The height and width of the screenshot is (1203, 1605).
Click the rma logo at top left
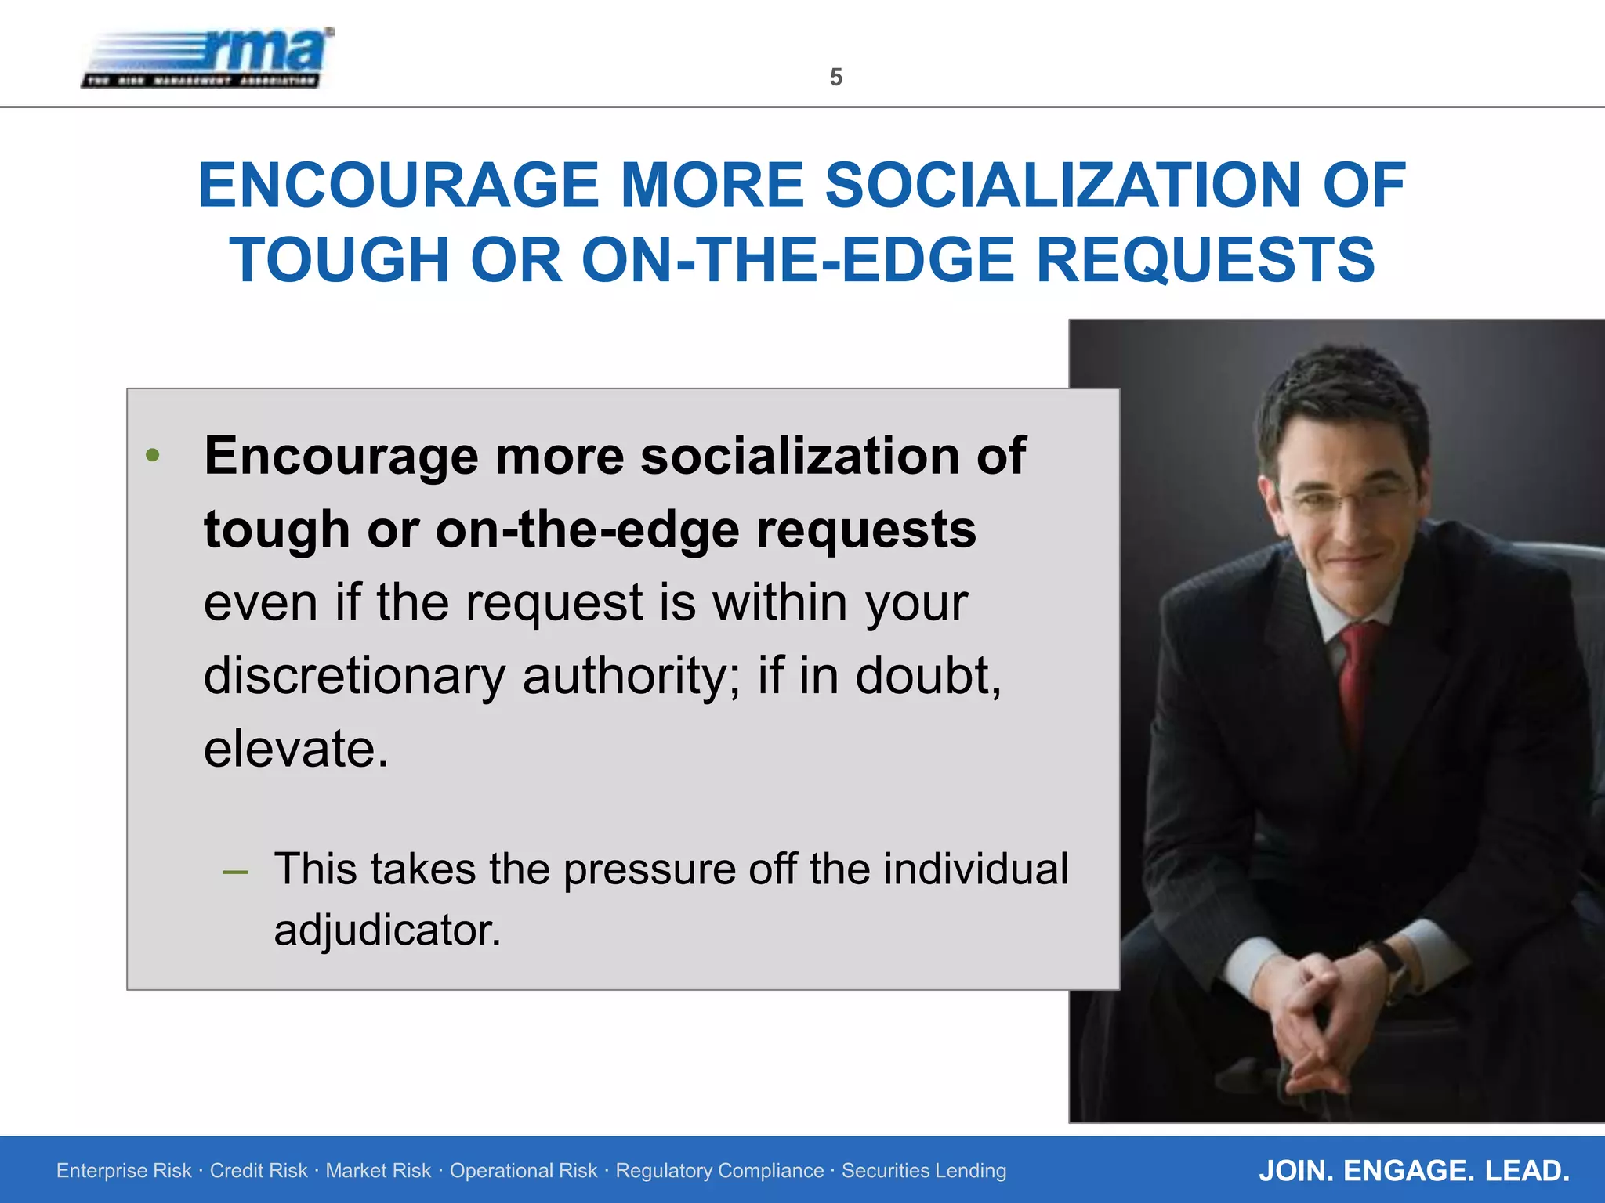(x=208, y=59)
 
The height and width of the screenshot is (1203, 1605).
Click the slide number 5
(x=835, y=78)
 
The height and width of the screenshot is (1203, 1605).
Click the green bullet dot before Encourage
(x=153, y=455)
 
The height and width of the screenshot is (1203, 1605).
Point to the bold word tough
(x=276, y=530)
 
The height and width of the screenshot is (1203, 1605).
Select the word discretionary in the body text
(x=354, y=676)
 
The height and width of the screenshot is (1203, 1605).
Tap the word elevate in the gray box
(x=295, y=749)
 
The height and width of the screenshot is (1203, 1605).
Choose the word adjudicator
(x=386, y=930)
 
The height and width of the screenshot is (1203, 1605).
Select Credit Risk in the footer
(x=259, y=1171)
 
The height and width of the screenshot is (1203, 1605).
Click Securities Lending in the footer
(x=924, y=1171)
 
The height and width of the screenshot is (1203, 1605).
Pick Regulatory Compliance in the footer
(x=719, y=1171)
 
